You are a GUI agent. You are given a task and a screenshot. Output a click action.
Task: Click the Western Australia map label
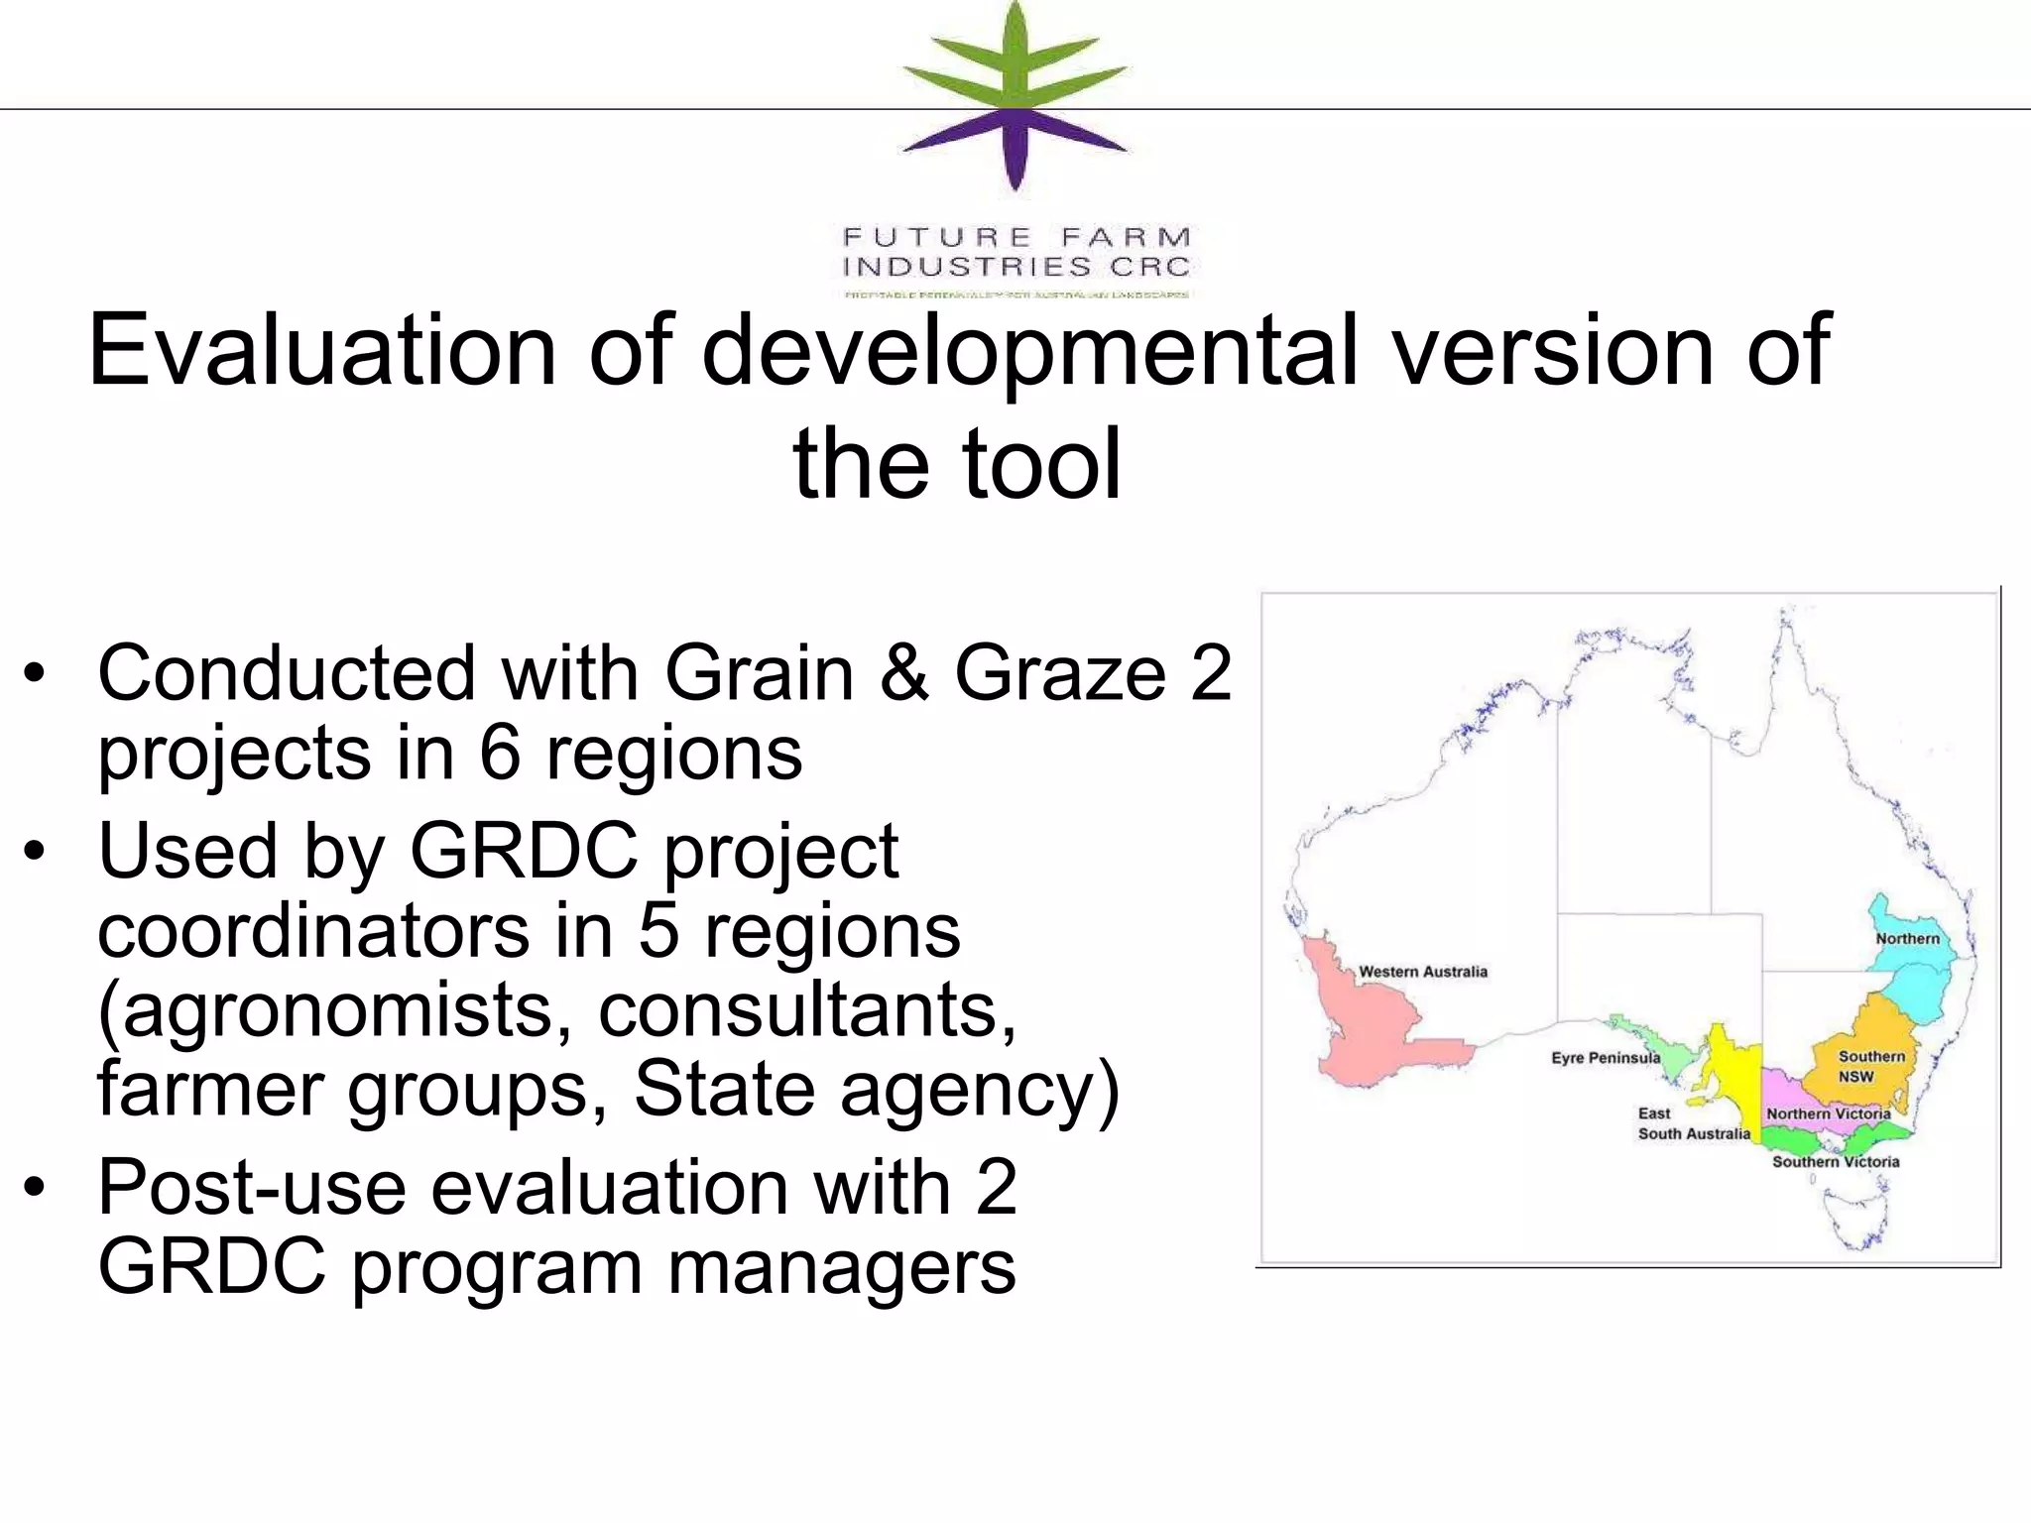point(1422,972)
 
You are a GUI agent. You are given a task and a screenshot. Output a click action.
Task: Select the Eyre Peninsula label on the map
point(1605,1058)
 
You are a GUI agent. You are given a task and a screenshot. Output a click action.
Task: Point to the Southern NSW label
point(1870,1066)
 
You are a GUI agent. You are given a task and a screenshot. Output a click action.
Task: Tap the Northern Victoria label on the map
point(1828,1113)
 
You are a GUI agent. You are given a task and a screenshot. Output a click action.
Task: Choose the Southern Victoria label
point(1836,1162)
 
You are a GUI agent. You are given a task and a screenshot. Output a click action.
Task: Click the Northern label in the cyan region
point(1906,938)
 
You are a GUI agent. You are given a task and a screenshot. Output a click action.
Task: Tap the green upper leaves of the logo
point(1014,59)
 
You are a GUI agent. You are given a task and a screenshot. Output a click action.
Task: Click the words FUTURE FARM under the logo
point(1015,238)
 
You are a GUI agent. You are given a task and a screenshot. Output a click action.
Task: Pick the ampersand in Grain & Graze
point(903,673)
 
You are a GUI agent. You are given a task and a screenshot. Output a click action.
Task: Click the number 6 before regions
point(500,753)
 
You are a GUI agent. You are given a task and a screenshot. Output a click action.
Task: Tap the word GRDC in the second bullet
point(524,851)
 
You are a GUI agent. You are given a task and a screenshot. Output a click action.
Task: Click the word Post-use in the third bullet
point(252,1187)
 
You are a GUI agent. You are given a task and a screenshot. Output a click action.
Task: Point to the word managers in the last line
point(841,1266)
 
